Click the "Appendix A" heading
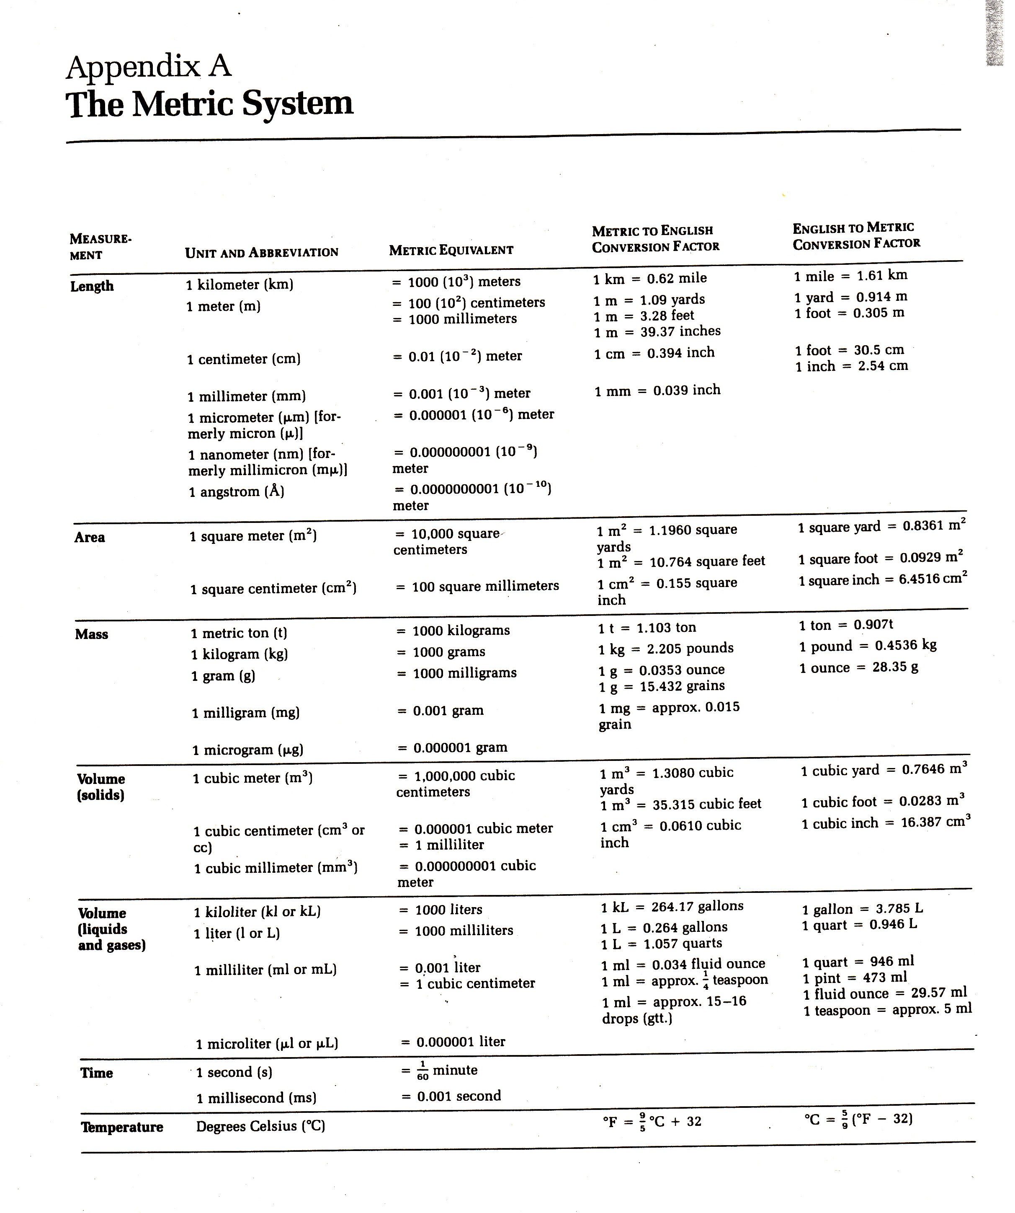pyautogui.click(x=149, y=67)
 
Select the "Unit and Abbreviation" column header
pyautogui.click(x=262, y=252)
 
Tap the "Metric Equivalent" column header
pyautogui.click(x=451, y=250)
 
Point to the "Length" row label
pyautogui.click(x=92, y=286)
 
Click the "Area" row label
pyautogui.click(x=90, y=537)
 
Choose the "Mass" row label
pyautogui.click(x=91, y=634)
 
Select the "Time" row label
pyautogui.click(x=96, y=1073)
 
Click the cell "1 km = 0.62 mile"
pyautogui.click(x=649, y=278)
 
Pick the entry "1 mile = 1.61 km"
pyautogui.click(x=850, y=276)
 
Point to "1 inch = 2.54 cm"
pyautogui.click(x=851, y=366)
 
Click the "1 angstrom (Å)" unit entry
pyautogui.click(x=237, y=491)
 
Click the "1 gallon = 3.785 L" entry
pyautogui.click(x=863, y=908)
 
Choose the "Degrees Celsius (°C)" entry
pyautogui.click(x=260, y=1126)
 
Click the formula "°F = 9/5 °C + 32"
pyautogui.click(x=652, y=1122)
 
